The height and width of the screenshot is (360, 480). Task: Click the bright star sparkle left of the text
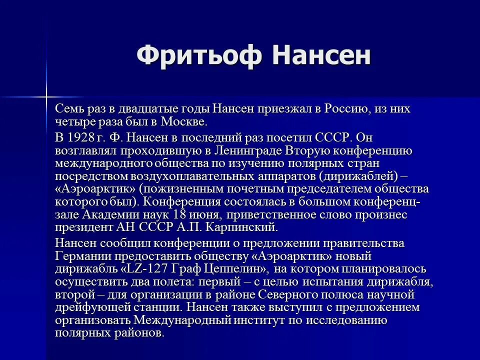[46, 95]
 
